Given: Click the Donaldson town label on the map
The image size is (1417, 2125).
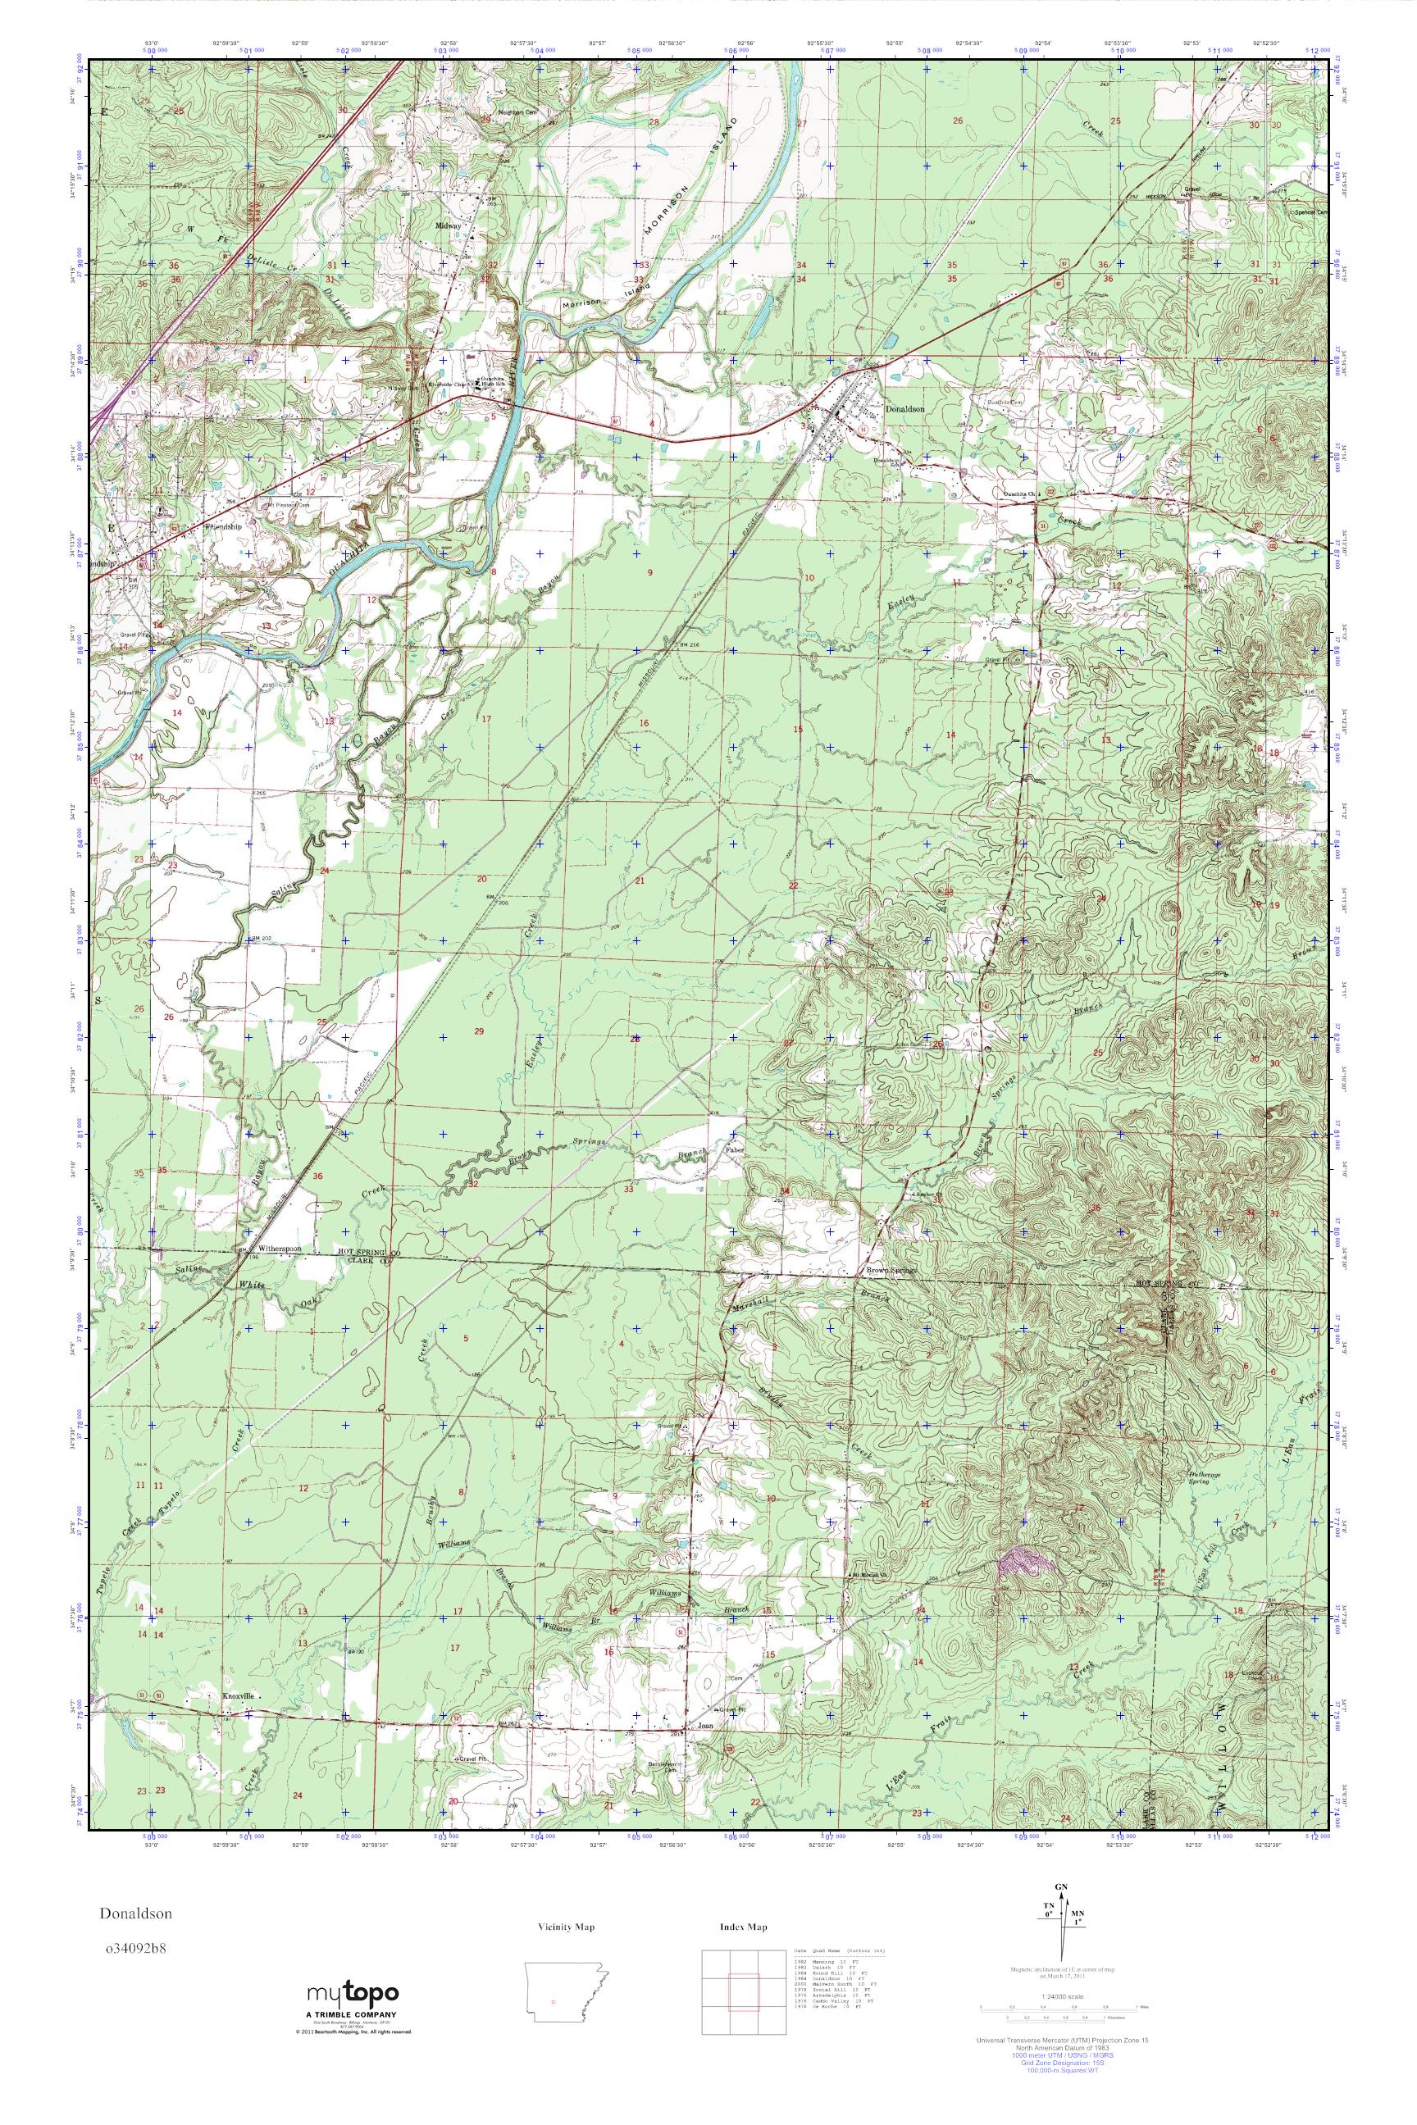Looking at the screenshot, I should pos(905,408).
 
